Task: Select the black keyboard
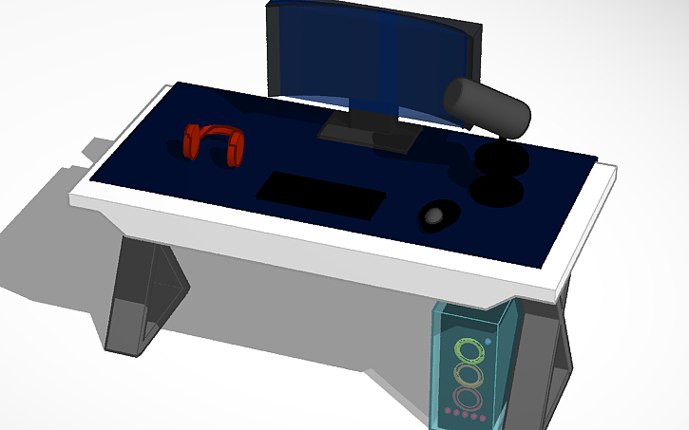point(320,194)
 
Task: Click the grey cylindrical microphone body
point(486,104)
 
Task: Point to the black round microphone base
point(497,191)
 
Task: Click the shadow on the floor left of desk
point(48,237)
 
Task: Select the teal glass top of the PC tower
point(475,313)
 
